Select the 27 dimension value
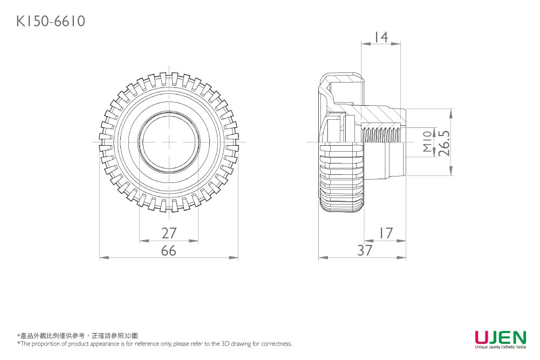click(x=169, y=233)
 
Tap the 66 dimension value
click(x=169, y=251)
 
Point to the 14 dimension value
click(x=381, y=37)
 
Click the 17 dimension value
click(x=385, y=233)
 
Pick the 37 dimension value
click(x=365, y=251)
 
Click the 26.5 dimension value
click(x=445, y=142)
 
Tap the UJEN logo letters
click(x=500, y=338)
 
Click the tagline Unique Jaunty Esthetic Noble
click(x=500, y=347)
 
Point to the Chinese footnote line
click(x=78, y=336)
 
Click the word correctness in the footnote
click(x=276, y=344)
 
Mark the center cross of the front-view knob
click(x=169, y=142)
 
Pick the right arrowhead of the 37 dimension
click(x=403, y=257)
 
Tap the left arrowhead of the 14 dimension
click(x=364, y=44)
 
